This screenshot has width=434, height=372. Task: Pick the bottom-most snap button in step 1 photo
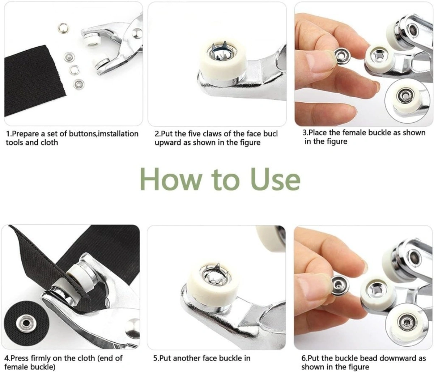[77, 84]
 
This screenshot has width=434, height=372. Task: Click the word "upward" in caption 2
[168, 143]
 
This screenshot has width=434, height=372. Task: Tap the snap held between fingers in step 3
[340, 55]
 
